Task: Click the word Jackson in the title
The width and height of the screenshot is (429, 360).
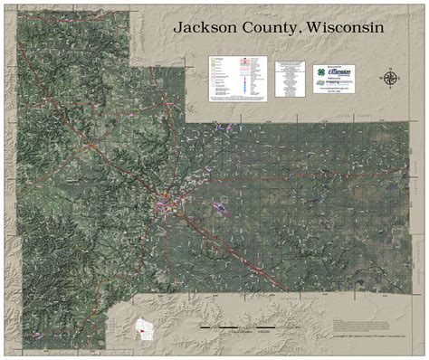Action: point(210,28)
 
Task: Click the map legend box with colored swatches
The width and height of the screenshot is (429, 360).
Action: point(238,77)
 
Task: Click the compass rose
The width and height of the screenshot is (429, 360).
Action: point(390,77)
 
